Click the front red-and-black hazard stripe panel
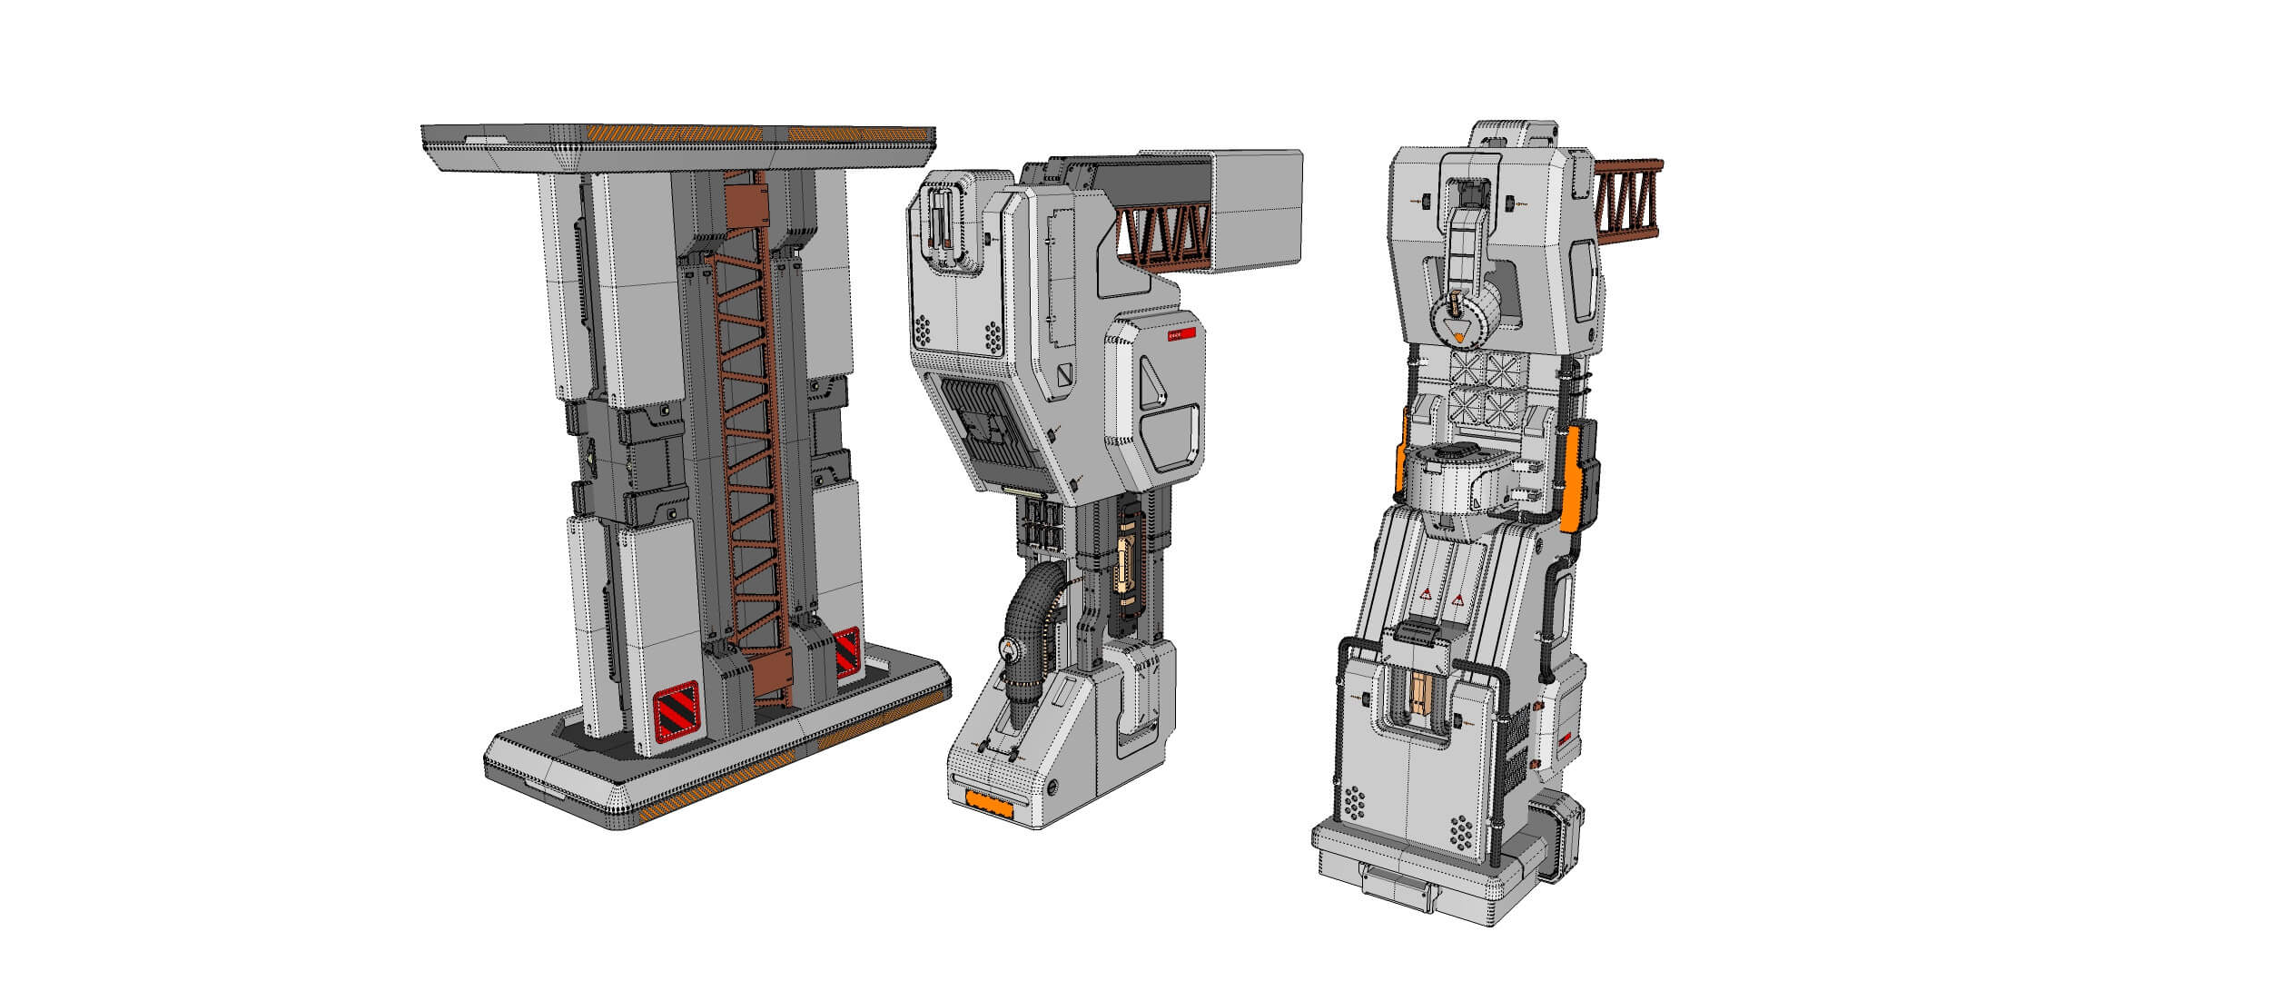pos(677,708)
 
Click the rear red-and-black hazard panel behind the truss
pos(847,651)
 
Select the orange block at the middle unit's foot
pos(993,801)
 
